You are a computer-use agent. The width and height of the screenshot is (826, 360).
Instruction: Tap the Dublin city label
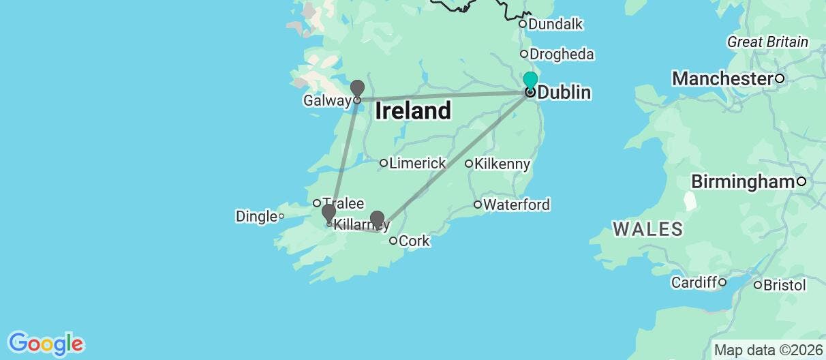564,93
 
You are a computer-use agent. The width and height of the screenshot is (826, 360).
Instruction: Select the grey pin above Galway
357,89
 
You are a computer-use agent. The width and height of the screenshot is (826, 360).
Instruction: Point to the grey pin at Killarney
328,212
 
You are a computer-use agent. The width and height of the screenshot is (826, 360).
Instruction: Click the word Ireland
413,110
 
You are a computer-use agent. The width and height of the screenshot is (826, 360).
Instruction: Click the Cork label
414,241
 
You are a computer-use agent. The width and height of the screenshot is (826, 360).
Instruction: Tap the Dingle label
256,217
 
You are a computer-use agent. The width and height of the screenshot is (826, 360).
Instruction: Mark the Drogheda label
562,55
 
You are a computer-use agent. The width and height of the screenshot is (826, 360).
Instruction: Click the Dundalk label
555,25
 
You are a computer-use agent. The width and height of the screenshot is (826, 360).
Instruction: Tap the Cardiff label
694,282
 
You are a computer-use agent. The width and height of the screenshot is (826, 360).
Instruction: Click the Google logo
45,343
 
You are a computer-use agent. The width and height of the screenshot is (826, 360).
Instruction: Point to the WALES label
647,229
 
